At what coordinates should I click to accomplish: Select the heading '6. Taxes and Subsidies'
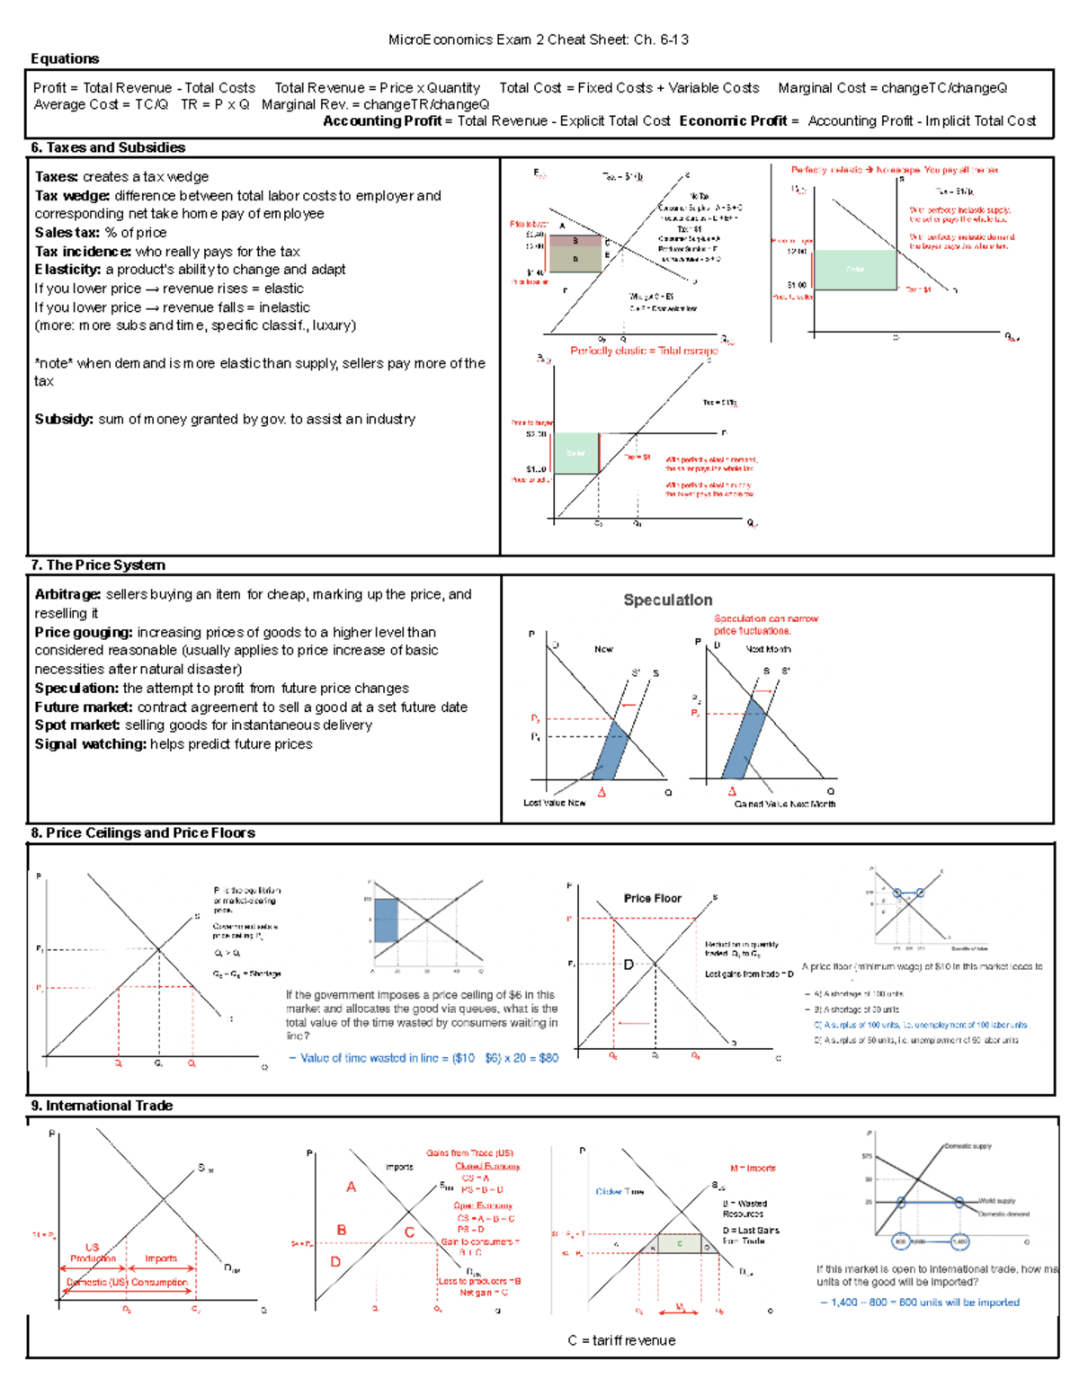pyautogui.click(x=108, y=147)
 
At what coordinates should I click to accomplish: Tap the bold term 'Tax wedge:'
pyautogui.click(x=72, y=196)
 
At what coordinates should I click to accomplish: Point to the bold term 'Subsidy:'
pyautogui.click(x=64, y=419)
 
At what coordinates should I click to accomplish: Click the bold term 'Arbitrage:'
pyautogui.click(x=67, y=594)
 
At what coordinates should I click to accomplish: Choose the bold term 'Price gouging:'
pyautogui.click(x=84, y=632)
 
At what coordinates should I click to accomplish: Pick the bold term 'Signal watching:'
pyautogui.click(x=90, y=744)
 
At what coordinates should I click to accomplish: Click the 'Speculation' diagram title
pyautogui.click(x=668, y=600)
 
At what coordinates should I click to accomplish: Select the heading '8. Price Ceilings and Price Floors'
pyautogui.click(x=143, y=832)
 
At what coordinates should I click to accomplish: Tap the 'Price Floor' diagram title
pyautogui.click(x=653, y=898)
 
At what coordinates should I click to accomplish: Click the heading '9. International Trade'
pyautogui.click(x=102, y=1106)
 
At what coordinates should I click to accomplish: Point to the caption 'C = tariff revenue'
pyautogui.click(x=621, y=1340)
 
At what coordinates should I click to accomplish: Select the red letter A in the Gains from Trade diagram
pyautogui.click(x=351, y=1187)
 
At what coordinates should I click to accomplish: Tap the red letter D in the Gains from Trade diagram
pyautogui.click(x=335, y=1262)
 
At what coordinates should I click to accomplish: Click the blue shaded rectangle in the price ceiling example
pyautogui.click(x=386, y=920)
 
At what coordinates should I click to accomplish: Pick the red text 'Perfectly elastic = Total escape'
pyautogui.click(x=644, y=351)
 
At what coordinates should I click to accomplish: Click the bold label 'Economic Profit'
pyautogui.click(x=733, y=120)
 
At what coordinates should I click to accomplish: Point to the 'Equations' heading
pyautogui.click(x=65, y=58)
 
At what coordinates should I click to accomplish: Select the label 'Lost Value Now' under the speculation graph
pyautogui.click(x=554, y=803)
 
